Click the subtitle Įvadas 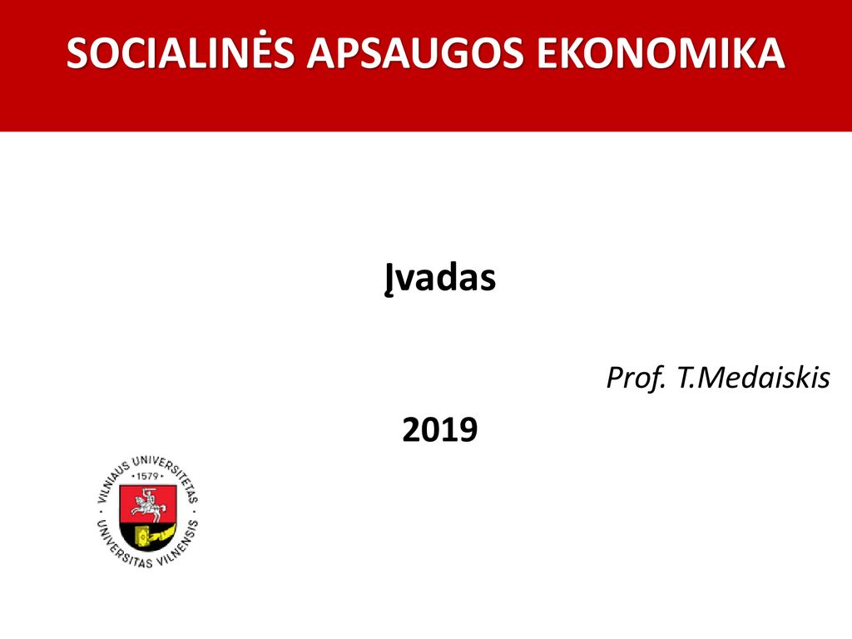click(x=439, y=278)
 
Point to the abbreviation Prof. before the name click(x=636, y=378)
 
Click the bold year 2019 click(x=439, y=429)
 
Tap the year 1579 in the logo click(x=147, y=476)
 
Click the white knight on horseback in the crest click(x=147, y=504)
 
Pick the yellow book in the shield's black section click(x=141, y=537)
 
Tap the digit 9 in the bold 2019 click(x=468, y=429)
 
